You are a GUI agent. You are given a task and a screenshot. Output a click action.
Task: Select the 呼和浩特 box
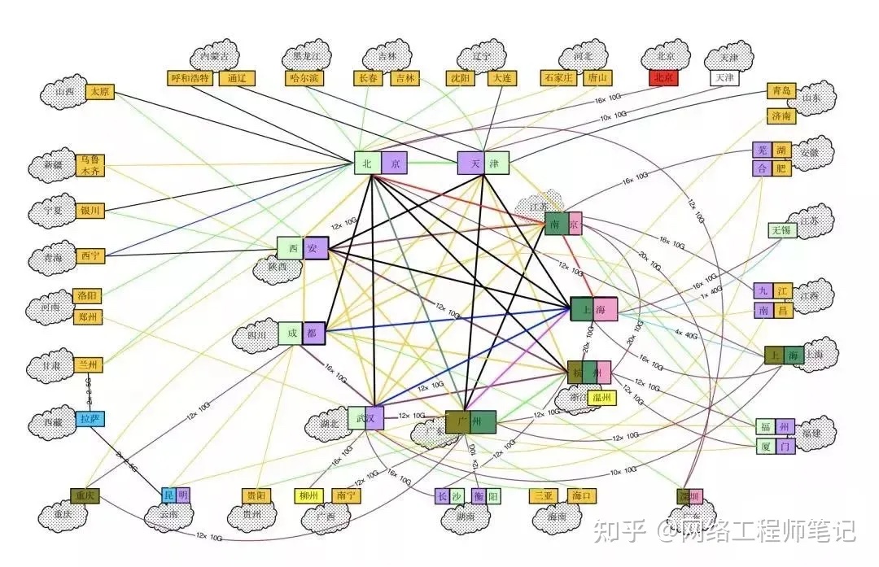coord(190,78)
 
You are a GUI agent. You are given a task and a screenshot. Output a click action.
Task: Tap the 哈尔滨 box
coord(305,78)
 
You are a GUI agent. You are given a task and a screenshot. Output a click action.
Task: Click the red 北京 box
coord(663,78)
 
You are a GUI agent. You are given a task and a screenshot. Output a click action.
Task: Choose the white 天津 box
coord(723,78)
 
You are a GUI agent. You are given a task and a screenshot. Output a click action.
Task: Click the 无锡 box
coord(783,230)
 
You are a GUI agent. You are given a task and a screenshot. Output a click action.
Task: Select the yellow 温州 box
coord(602,398)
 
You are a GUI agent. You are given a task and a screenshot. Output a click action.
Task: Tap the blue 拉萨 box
coord(90,420)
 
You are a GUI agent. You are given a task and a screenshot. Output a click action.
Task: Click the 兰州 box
coord(89,365)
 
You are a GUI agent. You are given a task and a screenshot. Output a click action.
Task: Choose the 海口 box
coord(583,495)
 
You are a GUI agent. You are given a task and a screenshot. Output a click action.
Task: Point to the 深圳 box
coord(689,495)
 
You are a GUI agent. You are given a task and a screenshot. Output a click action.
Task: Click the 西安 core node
coord(303,248)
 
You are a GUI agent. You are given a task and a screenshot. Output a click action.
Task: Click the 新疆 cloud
coord(53,166)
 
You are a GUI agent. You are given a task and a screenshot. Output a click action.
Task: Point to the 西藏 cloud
coord(52,423)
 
